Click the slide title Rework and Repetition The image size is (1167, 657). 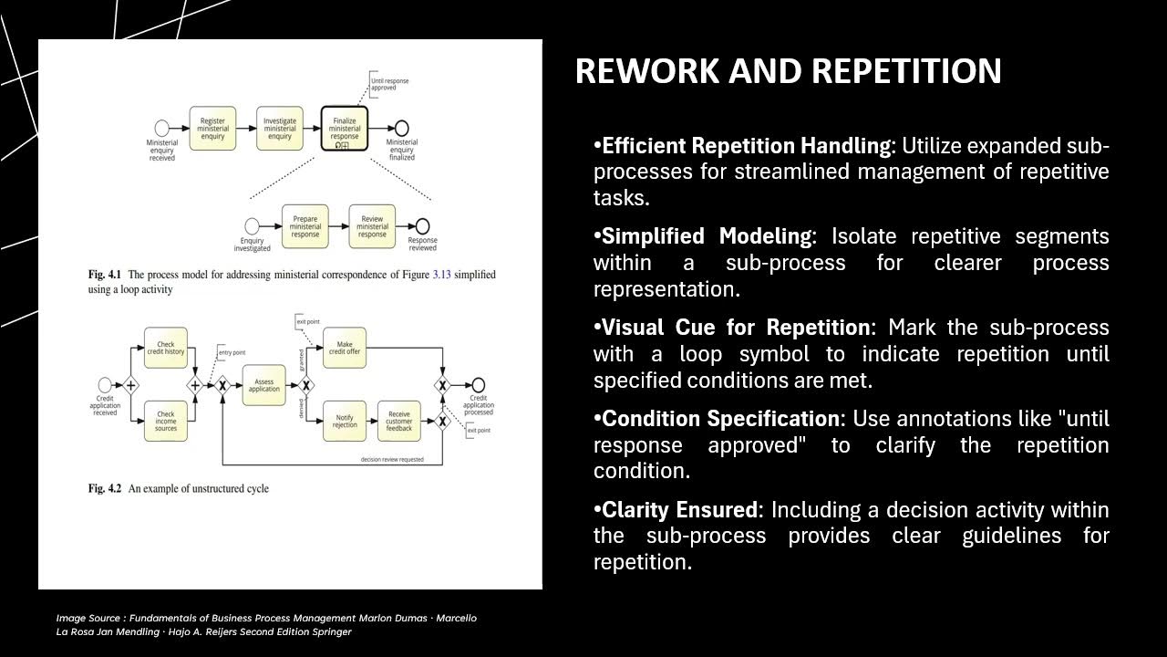point(788,71)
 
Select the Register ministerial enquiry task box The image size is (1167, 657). point(213,128)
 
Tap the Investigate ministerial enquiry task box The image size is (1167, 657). point(279,128)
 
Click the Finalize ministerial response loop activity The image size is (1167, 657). point(345,128)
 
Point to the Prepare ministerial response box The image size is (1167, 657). point(305,226)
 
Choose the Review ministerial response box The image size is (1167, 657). point(372,226)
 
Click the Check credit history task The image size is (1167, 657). point(165,348)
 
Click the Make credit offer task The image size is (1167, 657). point(345,348)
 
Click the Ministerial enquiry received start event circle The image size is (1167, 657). point(162,128)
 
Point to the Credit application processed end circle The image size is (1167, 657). point(478,385)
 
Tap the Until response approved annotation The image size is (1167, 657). point(389,86)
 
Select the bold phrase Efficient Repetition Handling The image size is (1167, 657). point(746,146)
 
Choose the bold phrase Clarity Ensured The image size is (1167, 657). point(679,510)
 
